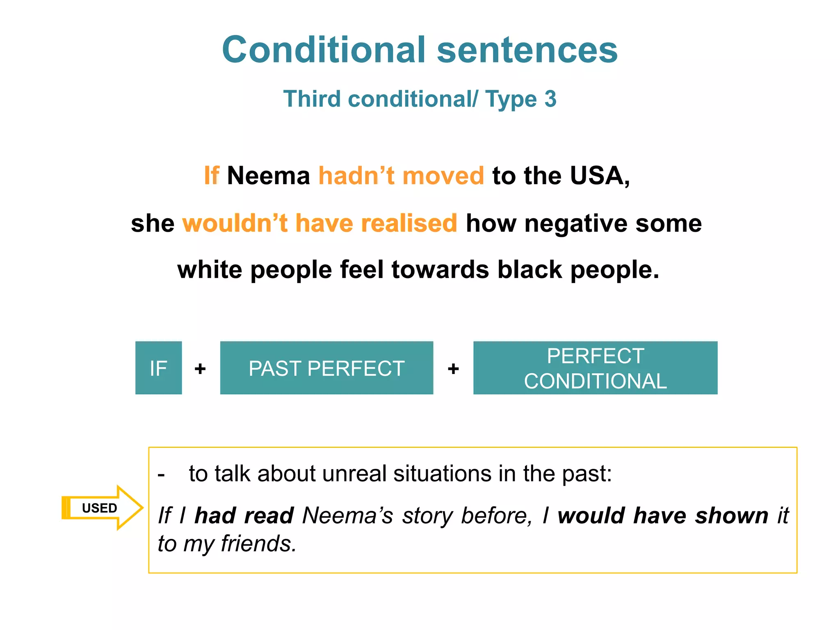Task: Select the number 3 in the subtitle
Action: pos(550,99)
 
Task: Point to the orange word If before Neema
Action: pos(212,176)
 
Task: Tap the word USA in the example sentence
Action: pos(599,176)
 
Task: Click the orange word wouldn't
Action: pos(235,223)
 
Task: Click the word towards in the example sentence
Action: pos(440,269)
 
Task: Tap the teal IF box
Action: pos(158,368)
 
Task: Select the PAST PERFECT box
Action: pos(326,368)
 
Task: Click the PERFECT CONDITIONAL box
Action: pos(595,368)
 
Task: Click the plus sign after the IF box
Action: pos(200,369)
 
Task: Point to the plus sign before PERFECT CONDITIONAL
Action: pos(453,369)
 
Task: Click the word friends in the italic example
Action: pos(258,544)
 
